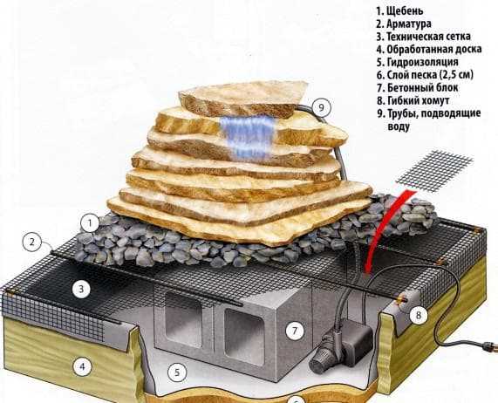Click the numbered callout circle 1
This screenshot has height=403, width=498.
pyautogui.click(x=90, y=223)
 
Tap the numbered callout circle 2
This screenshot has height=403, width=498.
pyautogui.click(x=31, y=242)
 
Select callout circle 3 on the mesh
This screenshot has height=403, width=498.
pyautogui.click(x=81, y=290)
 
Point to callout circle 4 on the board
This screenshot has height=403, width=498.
pyautogui.click(x=82, y=366)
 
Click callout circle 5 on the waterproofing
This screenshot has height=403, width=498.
pyautogui.click(x=177, y=372)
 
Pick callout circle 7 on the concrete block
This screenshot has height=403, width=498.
pyautogui.click(x=295, y=331)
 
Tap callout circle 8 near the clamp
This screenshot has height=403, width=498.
pyautogui.click(x=419, y=315)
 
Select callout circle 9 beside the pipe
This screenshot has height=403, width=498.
pyautogui.click(x=321, y=107)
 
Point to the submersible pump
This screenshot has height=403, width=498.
pyautogui.click(x=340, y=343)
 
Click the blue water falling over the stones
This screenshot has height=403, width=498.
pyautogui.click(x=248, y=137)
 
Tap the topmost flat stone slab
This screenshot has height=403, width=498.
pyautogui.click(x=243, y=98)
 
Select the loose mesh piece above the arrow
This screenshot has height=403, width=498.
pyautogui.click(x=434, y=171)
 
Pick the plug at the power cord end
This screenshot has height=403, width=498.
pyautogui.click(x=488, y=345)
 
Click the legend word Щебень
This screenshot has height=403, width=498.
pyautogui.click(x=405, y=10)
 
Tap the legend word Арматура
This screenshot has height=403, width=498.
pyautogui.click(x=409, y=24)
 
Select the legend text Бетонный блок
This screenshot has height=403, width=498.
pyautogui.click(x=423, y=87)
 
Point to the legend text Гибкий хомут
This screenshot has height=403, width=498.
pyautogui.click(x=419, y=100)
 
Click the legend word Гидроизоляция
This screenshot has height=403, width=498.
pyautogui.click(x=423, y=62)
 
